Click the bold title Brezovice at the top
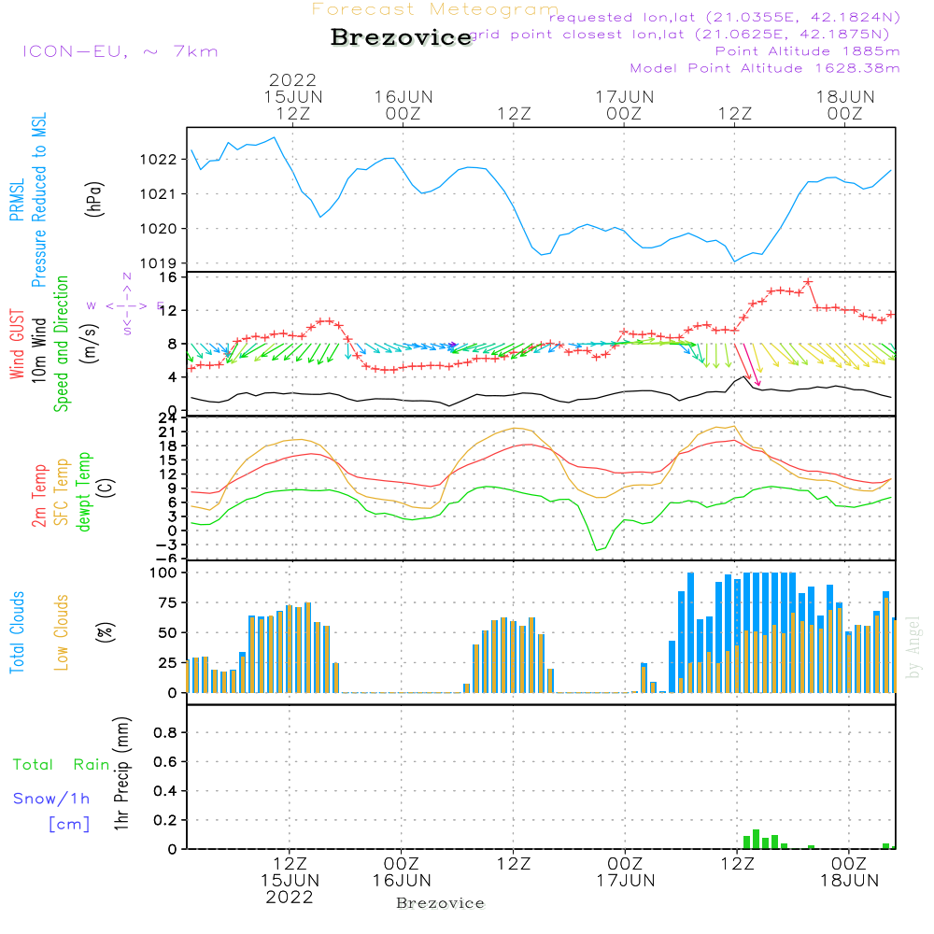(402, 38)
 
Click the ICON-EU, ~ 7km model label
(120, 51)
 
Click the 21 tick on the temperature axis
(168, 432)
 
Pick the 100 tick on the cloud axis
(163, 573)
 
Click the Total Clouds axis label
(17, 632)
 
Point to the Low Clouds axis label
(62, 632)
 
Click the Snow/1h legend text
(52, 799)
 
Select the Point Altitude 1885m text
(807, 51)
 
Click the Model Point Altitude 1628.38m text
(765, 68)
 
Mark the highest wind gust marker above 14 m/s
(808, 281)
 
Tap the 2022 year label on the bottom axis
(290, 898)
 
